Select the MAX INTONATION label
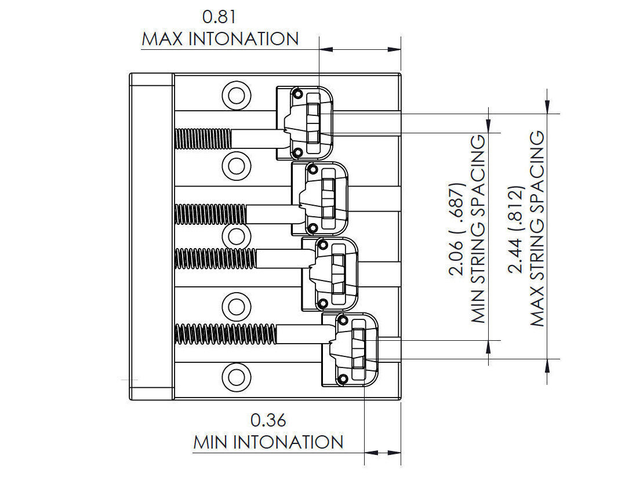pyautogui.click(x=220, y=39)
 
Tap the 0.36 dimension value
pyautogui.click(x=268, y=419)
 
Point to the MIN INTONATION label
pyautogui.click(x=268, y=442)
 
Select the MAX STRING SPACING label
pyautogui.click(x=537, y=229)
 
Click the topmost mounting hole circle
pyautogui.click(x=236, y=94)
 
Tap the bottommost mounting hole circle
pyautogui.click(x=236, y=377)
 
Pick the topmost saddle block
pyautogui.click(x=305, y=123)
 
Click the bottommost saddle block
pyautogui.click(x=350, y=350)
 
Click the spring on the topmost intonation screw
pyautogui.click(x=203, y=138)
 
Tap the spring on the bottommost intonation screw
pyautogui.click(x=226, y=334)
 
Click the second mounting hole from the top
pyautogui.click(x=236, y=165)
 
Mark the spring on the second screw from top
pyautogui.click(x=210, y=214)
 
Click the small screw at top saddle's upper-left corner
pyautogui.click(x=297, y=94)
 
